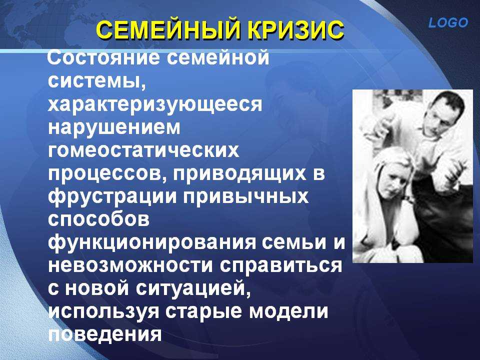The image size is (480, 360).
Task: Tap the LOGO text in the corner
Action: pyautogui.click(x=448, y=22)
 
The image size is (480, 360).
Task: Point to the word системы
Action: pyautogui.click(x=96, y=81)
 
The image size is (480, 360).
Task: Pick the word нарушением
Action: pyautogui.click(x=114, y=128)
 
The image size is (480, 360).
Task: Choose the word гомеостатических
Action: pyautogui.click(x=143, y=151)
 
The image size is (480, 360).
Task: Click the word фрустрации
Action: pyautogui.click(x=112, y=197)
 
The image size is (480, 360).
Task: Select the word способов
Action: pyautogui.click(x=99, y=219)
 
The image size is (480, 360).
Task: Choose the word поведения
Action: pyautogui.click(x=104, y=335)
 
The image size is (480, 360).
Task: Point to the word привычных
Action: pyautogui.click(x=246, y=197)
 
